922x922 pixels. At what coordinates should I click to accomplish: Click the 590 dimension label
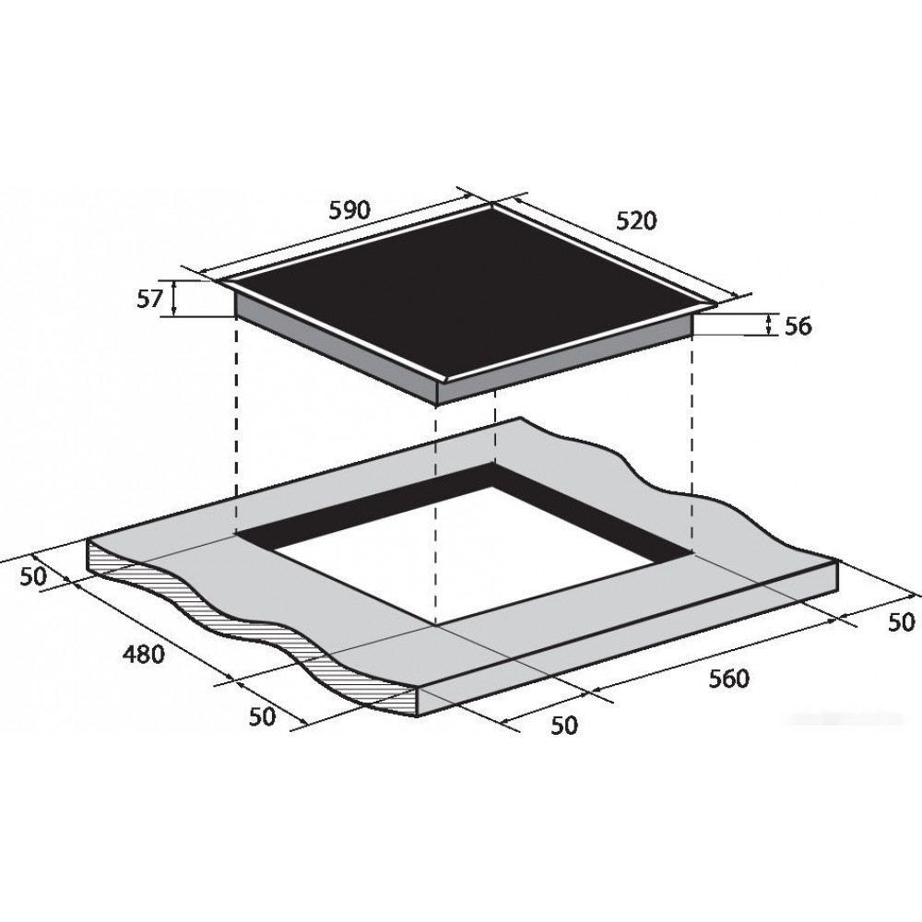[349, 210]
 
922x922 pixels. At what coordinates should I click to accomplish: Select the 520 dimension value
[635, 220]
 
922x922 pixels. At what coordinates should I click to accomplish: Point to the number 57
[149, 300]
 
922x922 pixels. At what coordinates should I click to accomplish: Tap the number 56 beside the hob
[798, 325]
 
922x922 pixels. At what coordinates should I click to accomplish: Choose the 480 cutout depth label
[144, 654]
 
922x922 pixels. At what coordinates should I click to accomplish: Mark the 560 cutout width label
[729, 679]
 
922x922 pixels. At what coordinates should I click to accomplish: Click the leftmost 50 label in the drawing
[33, 577]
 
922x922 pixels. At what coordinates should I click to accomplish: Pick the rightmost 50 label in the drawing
[901, 621]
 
